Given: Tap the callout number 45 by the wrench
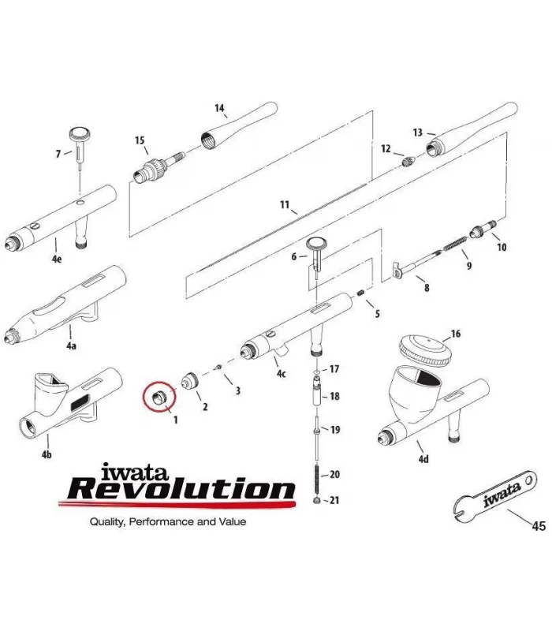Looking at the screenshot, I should tap(539, 526).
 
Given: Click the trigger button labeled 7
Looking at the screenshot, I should tap(81, 135).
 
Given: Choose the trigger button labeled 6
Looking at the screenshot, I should tap(318, 245).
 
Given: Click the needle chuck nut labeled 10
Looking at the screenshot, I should tap(482, 230).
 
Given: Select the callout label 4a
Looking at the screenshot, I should tap(72, 346).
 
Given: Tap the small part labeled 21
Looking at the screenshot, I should tap(316, 501).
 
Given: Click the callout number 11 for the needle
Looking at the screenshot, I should tap(285, 206).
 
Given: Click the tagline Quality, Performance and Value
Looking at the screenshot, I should tap(167, 521).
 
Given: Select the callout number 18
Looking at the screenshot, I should tap(334, 396).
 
